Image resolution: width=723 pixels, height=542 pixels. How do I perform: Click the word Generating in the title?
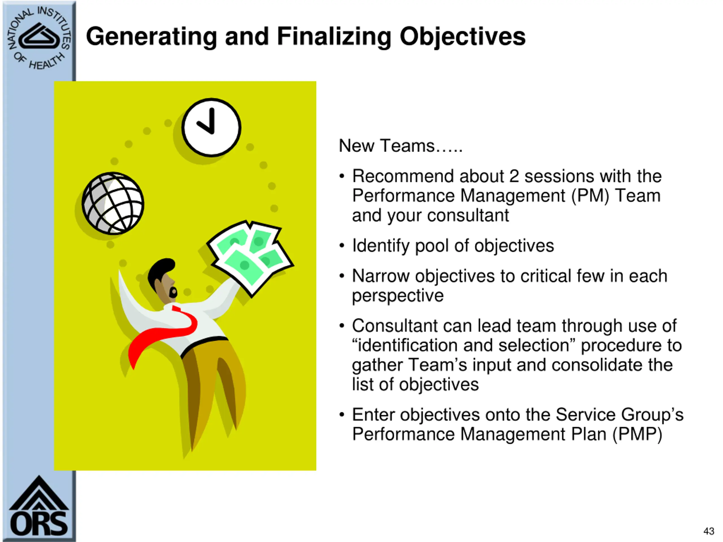tap(151, 37)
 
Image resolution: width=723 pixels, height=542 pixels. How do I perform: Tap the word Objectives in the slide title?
tap(463, 37)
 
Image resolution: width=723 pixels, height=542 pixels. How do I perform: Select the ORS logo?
tap(39, 506)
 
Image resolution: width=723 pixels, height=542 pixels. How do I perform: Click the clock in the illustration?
tap(212, 127)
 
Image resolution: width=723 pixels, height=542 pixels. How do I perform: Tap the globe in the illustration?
tap(113, 203)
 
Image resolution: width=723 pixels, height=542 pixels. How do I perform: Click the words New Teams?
tap(387, 146)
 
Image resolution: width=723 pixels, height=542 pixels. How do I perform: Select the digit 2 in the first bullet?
tap(514, 176)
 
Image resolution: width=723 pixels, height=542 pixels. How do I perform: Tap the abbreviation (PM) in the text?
tap(590, 196)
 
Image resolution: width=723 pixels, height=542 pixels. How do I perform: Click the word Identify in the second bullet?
tap(380, 246)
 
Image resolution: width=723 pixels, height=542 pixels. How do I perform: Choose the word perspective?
tap(398, 296)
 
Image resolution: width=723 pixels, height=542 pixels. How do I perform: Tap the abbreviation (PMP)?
tap(637, 434)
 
